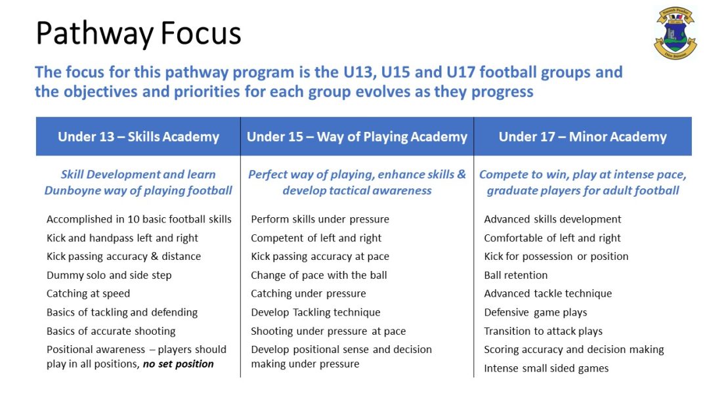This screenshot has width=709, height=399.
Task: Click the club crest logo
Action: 675,33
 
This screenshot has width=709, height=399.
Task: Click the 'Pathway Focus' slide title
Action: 139,33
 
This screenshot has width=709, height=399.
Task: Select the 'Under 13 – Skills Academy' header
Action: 138,136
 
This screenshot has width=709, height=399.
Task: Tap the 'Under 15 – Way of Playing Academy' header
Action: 357,136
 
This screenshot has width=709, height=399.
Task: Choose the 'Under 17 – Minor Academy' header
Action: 582,136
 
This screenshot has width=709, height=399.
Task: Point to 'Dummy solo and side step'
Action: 109,275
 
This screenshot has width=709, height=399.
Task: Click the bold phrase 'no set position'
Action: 178,364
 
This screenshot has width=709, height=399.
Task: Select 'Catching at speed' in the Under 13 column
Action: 88,293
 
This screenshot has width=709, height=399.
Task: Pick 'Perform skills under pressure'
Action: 320,219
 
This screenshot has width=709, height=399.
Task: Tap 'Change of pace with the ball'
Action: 318,275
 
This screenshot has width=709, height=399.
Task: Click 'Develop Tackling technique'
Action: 315,312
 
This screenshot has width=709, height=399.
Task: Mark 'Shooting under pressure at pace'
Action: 328,331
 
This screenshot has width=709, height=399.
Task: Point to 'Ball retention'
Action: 515,275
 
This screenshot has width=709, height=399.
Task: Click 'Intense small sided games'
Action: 546,368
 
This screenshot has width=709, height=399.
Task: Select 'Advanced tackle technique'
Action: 548,293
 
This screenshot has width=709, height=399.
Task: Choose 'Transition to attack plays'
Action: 543,331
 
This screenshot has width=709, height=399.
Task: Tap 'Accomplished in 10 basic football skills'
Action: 139,219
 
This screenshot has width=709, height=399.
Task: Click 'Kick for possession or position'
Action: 556,256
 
